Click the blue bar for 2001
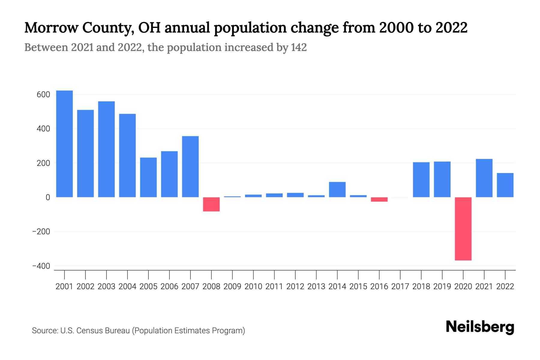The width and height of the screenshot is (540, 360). point(64,144)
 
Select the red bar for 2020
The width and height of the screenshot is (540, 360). point(463,229)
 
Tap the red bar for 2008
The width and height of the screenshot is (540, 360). point(211,204)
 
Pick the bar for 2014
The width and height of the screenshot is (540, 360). point(337,190)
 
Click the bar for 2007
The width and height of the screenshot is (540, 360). point(190,167)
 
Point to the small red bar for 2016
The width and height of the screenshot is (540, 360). point(379,199)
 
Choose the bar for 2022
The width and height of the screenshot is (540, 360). point(505,185)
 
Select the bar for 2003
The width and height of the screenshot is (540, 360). point(106,149)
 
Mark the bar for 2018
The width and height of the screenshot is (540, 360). point(421,180)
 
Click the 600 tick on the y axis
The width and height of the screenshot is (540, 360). point(43,94)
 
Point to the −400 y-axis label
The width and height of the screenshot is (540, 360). point(41,266)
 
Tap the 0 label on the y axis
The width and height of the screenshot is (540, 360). point(48,197)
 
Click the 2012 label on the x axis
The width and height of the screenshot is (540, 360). point(295,286)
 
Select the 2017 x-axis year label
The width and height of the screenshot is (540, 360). point(400,286)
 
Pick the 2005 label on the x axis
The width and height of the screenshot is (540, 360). point(148,286)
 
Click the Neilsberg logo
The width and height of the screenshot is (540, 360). point(480,327)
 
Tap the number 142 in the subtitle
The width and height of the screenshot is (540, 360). point(298,47)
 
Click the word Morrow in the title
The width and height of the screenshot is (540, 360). point(51,28)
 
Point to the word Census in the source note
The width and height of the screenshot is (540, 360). point(89,331)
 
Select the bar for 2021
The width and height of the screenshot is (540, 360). point(484,178)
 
